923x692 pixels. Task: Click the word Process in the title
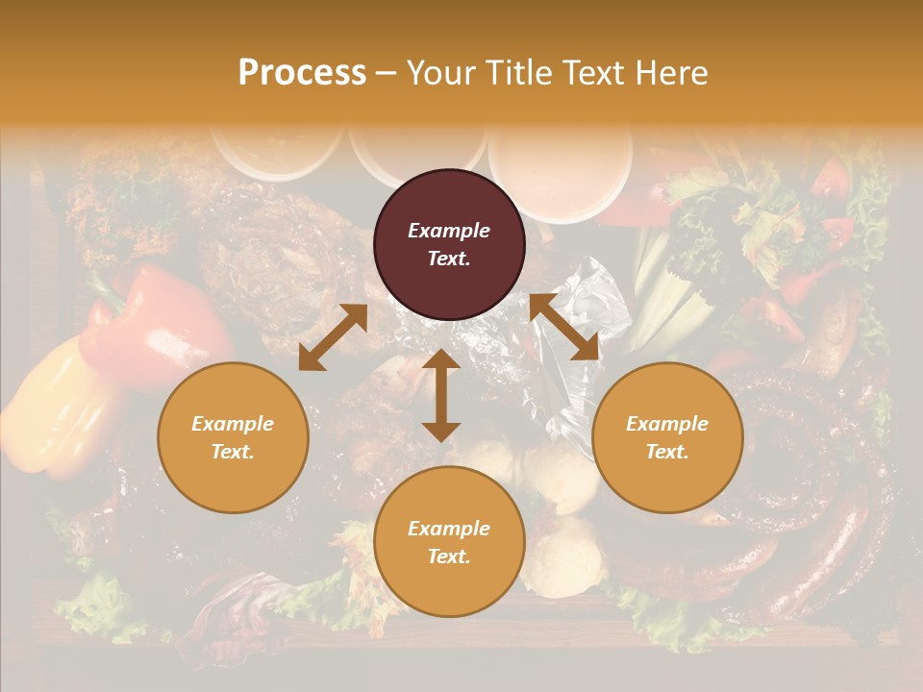(x=302, y=73)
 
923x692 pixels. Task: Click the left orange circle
(x=233, y=437)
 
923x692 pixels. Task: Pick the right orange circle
(x=667, y=437)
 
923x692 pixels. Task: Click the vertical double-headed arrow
(x=441, y=395)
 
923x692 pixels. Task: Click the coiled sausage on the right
(x=808, y=481)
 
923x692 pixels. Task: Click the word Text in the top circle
(x=449, y=259)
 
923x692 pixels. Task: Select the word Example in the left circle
(x=233, y=424)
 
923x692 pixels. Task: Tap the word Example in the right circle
(x=667, y=424)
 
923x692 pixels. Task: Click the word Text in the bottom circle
(x=449, y=556)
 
